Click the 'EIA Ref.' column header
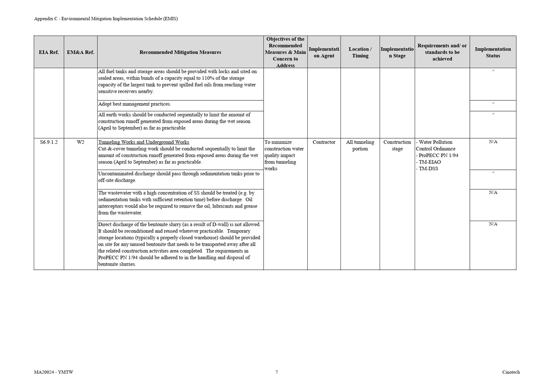tap(49, 52)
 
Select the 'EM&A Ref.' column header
tap(80, 52)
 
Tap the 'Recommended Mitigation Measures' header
tap(180, 52)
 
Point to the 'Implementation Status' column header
tap(493, 52)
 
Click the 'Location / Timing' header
tap(360, 52)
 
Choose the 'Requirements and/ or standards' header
tap(442, 52)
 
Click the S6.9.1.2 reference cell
tap(49, 142)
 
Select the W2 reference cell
tap(80, 142)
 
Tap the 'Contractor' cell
tap(324, 142)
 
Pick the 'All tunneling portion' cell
tap(360, 146)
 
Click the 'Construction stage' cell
tap(397, 146)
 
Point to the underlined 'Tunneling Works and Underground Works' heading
tap(144, 142)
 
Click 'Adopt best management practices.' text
tap(135, 104)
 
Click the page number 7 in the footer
tap(276, 372)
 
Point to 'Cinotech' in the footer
tap(511, 372)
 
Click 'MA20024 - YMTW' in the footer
tap(53, 372)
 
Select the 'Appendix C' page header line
tap(106, 19)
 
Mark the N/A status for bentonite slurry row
tap(493, 224)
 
